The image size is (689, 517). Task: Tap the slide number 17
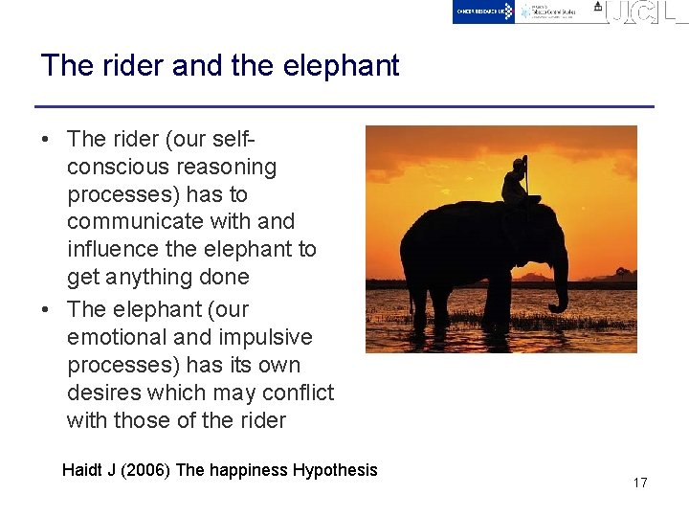640,483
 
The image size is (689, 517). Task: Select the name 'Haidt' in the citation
82,470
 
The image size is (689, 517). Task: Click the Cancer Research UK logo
484,11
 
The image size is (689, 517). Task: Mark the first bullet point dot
45,140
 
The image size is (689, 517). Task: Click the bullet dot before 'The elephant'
45,310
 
